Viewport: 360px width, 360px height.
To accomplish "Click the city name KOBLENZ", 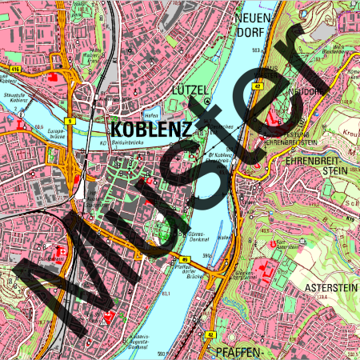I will [x=150, y=129].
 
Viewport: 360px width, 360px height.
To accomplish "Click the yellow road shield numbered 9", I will [x=70, y=121].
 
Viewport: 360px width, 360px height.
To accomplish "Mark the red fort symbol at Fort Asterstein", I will [x=275, y=243].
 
